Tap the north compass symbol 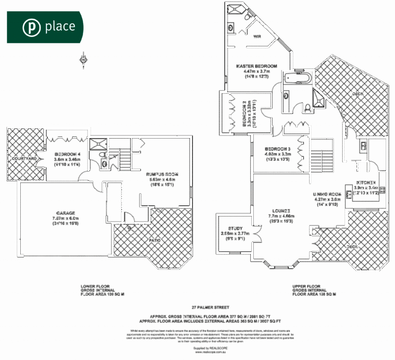click(x=83, y=60)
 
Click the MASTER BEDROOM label click(x=256, y=66)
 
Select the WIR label click(x=257, y=36)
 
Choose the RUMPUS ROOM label click(x=162, y=174)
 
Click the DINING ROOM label click(x=327, y=194)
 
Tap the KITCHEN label click(x=365, y=182)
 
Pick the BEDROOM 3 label click(x=277, y=149)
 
